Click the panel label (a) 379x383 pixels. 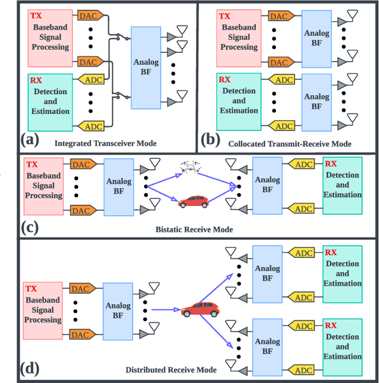30,140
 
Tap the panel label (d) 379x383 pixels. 30,368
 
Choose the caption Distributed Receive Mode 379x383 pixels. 171,370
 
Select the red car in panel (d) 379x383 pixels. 199,308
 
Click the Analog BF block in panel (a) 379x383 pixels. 146,67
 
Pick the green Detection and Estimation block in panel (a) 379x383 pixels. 50,101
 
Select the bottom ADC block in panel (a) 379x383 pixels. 94,126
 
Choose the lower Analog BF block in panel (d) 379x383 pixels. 268,346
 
